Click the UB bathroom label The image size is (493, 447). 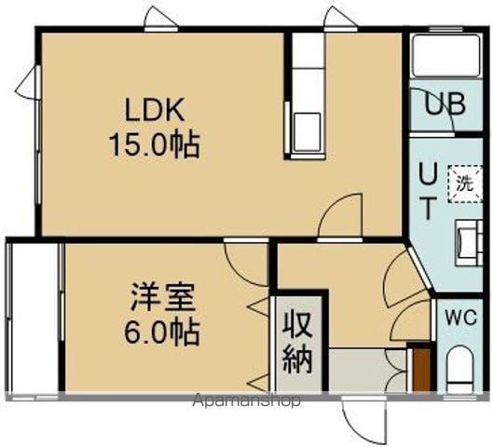pyautogui.click(x=445, y=104)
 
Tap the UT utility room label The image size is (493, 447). pyautogui.click(x=426, y=191)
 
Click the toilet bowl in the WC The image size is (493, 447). pyautogui.click(x=459, y=371)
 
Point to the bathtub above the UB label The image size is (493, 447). pyautogui.click(x=445, y=59)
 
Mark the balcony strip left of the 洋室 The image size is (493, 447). pyautogui.click(x=33, y=317)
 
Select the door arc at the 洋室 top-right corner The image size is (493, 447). pyautogui.click(x=249, y=263)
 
